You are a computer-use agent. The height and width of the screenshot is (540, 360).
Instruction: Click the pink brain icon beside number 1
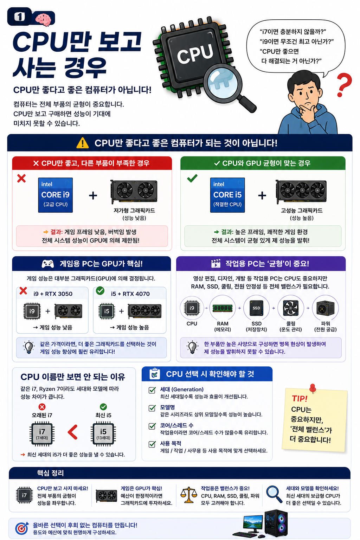coord(43,19)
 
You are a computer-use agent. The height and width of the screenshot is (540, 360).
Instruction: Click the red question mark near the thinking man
coord(344,85)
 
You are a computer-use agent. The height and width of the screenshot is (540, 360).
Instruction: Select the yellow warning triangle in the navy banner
coord(83,143)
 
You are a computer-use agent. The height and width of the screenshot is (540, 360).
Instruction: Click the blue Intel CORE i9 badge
coord(56,195)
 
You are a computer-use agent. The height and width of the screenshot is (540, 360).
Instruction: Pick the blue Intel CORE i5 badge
coord(227,195)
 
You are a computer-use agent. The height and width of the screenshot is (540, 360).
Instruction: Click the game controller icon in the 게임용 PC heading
coord(48,263)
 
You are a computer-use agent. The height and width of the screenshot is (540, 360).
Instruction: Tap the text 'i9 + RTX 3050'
coord(53,294)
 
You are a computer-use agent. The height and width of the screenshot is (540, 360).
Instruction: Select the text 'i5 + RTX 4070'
coord(130,294)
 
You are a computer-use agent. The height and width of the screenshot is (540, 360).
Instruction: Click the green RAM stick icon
coord(223,308)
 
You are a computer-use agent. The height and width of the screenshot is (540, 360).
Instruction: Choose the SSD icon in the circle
coord(256,308)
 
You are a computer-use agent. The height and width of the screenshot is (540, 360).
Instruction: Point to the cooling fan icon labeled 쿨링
coord(290,308)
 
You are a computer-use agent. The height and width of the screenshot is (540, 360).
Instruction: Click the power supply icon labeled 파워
coord(325,308)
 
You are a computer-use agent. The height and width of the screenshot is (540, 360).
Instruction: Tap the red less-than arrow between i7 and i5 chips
coord(72,432)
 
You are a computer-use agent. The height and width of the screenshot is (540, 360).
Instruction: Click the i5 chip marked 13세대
coord(103,433)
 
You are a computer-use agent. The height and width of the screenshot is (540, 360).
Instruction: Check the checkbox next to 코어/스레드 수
coord(152,426)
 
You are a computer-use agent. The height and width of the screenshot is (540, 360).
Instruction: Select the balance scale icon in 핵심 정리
coord(189,495)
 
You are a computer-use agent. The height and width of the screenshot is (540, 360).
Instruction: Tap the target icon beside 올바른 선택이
coord(22,528)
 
